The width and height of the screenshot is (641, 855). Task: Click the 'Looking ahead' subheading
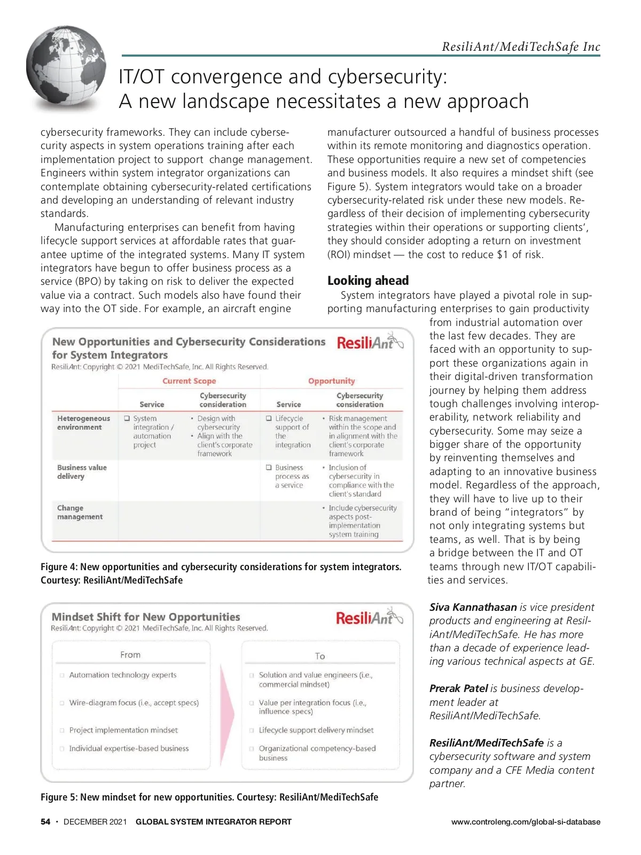pyautogui.click(x=368, y=281)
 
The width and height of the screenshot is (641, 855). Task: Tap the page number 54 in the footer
pyautogui.click(x=45, y=822)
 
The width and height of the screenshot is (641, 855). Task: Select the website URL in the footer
pyautogui.click(x=525, y=822)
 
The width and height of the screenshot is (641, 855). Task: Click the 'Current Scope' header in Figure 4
pyautogui.click(x=189, y=381)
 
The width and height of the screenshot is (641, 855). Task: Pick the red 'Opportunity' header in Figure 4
pyautogui.click(x=331, y=381)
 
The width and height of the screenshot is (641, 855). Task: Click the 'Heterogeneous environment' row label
pyautogui.click(x=83, y=423)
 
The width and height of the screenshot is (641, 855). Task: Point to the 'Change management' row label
pyautogui.click(x=80, y=512)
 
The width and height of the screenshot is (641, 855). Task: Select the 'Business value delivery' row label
pyautogui.click(x=82, y=471)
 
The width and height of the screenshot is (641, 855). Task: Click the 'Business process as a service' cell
pyautogui.click(x=291, y=476)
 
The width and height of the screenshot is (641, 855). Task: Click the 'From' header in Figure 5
pyautogui.click(x=130, y=655)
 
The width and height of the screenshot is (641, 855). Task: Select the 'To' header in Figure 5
pyautogui.click(x=320, y=656)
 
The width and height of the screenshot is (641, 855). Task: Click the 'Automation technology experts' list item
pyautogui.click(x=122, y=675)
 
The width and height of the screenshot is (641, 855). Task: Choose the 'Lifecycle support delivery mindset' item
pyautogui.click(x=316, y=730)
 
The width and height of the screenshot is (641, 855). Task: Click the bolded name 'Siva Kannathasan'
pyautogui.click(x=473, y=607)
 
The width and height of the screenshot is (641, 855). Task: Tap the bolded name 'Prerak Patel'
pyautogui.click(x=458, y=688)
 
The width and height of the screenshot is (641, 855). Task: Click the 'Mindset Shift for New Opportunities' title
pyautogui.click(x=146, y=617)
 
